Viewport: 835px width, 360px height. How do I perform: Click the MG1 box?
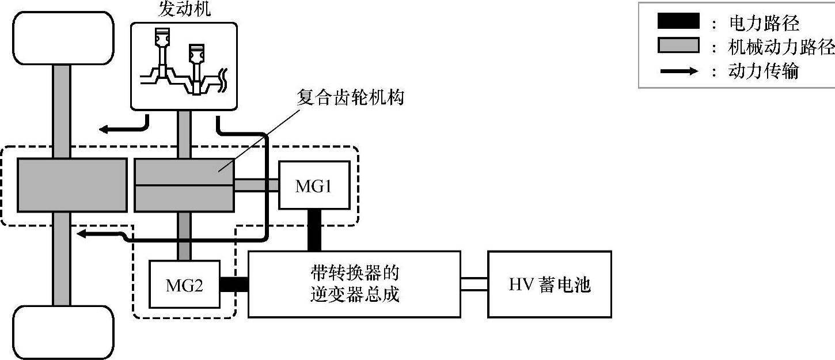click(x=314, y=185)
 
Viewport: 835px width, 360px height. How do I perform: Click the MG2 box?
click(x=184, y=285)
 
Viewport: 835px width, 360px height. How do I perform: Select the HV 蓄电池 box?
click(x=549, y=284)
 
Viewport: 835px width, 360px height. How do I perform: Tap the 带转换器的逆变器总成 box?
click(x=354, y=283)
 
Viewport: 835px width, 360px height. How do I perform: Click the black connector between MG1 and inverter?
click(x=314, y=230)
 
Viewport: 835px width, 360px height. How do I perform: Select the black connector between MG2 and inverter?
click(x=234, y=285)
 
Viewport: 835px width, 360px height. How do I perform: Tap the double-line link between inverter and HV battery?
click(x=474, y=284)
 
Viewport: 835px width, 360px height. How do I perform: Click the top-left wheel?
click(x=63, y=38)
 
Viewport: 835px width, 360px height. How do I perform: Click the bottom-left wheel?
click(x=63, y=332)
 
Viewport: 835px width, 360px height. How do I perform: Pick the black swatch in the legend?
click(x=678, y=22)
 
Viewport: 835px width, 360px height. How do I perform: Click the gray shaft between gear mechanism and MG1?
click(x=256, y=185)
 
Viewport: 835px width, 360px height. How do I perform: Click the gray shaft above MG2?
click(x=184, y=236)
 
